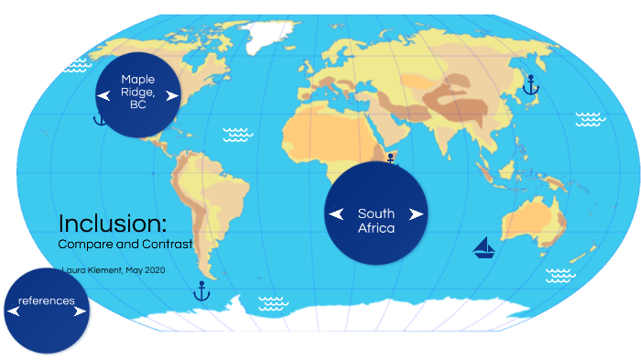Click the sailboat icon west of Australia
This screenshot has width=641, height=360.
483,246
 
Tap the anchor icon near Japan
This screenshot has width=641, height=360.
530,86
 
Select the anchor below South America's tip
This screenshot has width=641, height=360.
201,291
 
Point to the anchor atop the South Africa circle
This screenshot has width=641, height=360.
390,158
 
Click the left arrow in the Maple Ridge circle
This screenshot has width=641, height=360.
103,95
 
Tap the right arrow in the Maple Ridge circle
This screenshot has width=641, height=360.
171,95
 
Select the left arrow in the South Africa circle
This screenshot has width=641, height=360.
336,214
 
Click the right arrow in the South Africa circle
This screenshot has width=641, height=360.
417,214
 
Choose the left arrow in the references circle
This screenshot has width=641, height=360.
13,311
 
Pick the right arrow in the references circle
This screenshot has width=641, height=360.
81,311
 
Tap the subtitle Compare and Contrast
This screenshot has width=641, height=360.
125,245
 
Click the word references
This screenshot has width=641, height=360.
47,300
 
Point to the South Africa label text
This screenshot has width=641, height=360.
376,221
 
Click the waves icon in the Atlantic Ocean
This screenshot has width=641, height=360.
238,135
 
